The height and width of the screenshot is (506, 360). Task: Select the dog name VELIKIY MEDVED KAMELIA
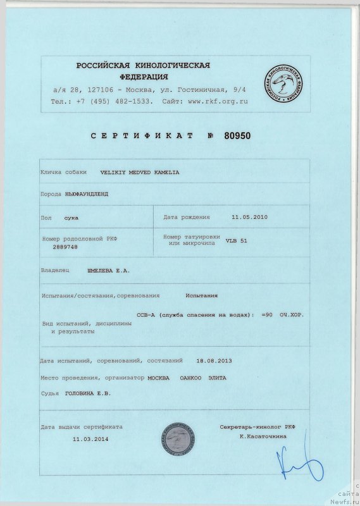[140, 171]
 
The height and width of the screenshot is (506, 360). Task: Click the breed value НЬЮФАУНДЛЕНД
[87, 194]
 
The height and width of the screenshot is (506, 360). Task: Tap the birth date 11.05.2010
[250, 217]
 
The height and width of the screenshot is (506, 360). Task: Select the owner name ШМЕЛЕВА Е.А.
[108, 270]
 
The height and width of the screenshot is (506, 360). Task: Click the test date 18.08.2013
[214, 361]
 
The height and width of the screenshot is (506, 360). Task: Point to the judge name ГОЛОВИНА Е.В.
[88, 393]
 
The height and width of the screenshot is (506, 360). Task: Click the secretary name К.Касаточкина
[263, 436]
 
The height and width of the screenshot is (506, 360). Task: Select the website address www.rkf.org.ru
[218, 101]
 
